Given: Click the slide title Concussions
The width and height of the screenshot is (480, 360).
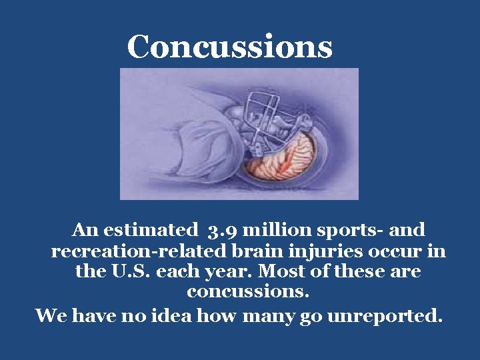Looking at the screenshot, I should click(x=229, y=47).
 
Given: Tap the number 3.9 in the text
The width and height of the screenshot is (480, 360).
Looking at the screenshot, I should click(x=222, y=231).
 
